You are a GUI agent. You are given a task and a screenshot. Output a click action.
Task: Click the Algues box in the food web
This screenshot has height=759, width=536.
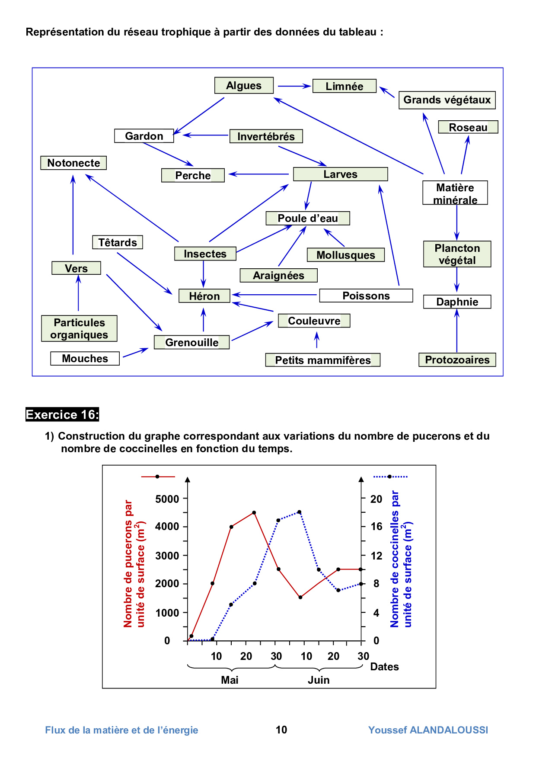(244, 86)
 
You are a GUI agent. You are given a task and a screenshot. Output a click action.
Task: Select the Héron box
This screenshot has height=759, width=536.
(204, 296)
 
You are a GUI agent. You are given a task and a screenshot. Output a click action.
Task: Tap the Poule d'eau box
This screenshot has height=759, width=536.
(308, 218)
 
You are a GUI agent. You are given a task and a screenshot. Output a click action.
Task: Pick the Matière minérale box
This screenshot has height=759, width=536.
(455, 193)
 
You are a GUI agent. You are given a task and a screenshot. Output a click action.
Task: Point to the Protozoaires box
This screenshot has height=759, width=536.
(457, 360)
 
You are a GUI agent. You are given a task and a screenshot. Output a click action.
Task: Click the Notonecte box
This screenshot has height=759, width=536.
(73, 163)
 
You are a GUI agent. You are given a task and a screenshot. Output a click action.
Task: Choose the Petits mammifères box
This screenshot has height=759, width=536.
(323, 360)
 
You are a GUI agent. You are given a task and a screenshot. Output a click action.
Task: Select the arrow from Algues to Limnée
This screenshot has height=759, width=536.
(294, 86)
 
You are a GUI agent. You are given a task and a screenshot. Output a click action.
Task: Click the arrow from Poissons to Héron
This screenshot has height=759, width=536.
(275, 295)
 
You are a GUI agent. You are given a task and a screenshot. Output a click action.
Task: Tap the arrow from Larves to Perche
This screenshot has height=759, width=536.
(258, 174)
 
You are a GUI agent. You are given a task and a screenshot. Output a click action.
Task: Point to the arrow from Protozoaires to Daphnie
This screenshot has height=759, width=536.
(457, 331)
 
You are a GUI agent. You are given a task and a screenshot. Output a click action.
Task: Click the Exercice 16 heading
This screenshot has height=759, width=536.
(62, 415)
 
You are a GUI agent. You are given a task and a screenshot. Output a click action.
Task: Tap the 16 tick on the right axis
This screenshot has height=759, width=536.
(376, 527)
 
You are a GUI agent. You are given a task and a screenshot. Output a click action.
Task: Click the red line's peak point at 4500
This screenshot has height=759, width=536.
(254, 513)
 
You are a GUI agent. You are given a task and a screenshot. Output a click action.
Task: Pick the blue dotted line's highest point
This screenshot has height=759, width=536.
(299, 512)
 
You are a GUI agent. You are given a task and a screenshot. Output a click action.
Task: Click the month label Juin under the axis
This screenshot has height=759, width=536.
(319, 680)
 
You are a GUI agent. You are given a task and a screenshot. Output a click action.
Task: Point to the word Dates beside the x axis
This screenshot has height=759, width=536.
(384, 666)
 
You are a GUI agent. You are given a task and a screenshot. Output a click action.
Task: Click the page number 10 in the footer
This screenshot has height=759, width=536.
(281, 730)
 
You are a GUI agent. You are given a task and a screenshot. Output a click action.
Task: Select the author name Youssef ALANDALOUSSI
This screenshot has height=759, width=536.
(428, 730)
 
